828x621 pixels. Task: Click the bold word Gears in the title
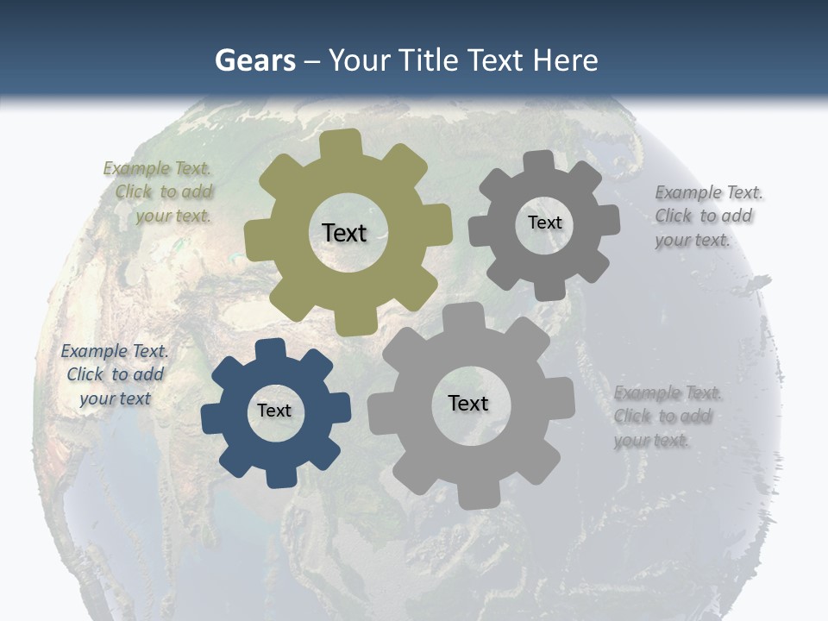tap(254, 60)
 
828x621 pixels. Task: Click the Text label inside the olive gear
tap(344, 233)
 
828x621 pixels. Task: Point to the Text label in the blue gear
tap(274, 411)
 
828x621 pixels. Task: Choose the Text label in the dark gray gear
tap(544, 223)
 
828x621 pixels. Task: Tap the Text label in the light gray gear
tap(468, 403)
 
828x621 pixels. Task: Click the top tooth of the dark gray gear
tap(539, 162)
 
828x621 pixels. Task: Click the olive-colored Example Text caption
tap(158, 191)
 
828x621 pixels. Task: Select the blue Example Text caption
tap(114, 374)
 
